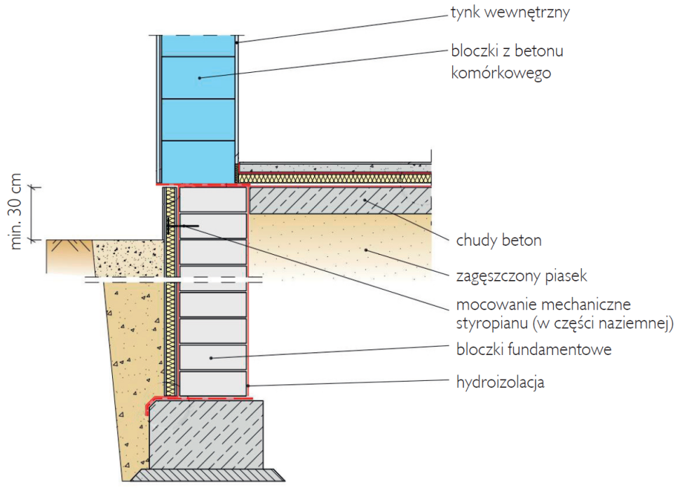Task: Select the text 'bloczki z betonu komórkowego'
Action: pyautogui.click(x=508, y=62)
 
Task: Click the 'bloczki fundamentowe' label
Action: pyautogui.click(x=533, y=349)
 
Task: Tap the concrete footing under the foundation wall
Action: pyautogui.click(x=207, y=434)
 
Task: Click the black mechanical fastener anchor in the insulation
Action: pyautogui.click(x=170, y=225)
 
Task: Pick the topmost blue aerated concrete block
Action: pyautogui.click(x=198, y=46)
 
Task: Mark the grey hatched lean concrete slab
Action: pyautogui.click(x=340, y=201)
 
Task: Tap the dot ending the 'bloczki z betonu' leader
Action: pyautogui.click(x=199, y=78)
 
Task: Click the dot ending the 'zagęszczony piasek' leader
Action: pyautogui.click(x=365, y=250)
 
